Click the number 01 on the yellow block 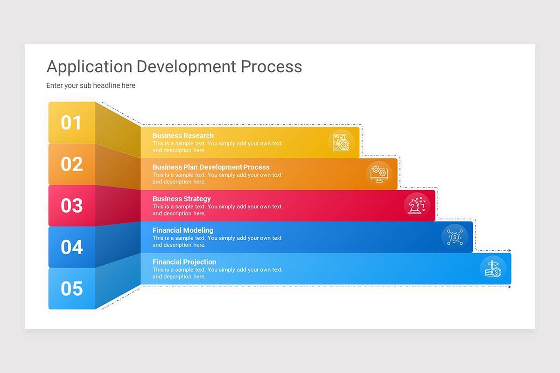[x=71, y=123]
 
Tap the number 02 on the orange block [x=71, y=164]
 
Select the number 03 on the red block [x=71, y=206]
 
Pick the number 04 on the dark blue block [x=71, y=247]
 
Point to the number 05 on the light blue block [x=71, y=289]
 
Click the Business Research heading [x=183, y=136]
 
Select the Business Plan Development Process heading [x=211, y=167]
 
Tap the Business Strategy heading [x=182, y=199]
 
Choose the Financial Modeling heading [x=183, y=230]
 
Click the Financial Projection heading [x=184, y=262]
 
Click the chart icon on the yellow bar [x=341, y=142]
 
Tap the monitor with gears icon [x=378, y=174]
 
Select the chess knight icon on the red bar [x=417, y=205]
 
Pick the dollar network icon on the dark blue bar [x=455, y=237]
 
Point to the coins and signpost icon [x=493, y=269]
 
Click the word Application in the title [x=89, y=67]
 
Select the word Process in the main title [x=271, y=67]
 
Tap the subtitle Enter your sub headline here [x=91, y=86]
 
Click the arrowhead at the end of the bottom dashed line [x=510, y=287]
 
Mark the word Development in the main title [x=186, y=67]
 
